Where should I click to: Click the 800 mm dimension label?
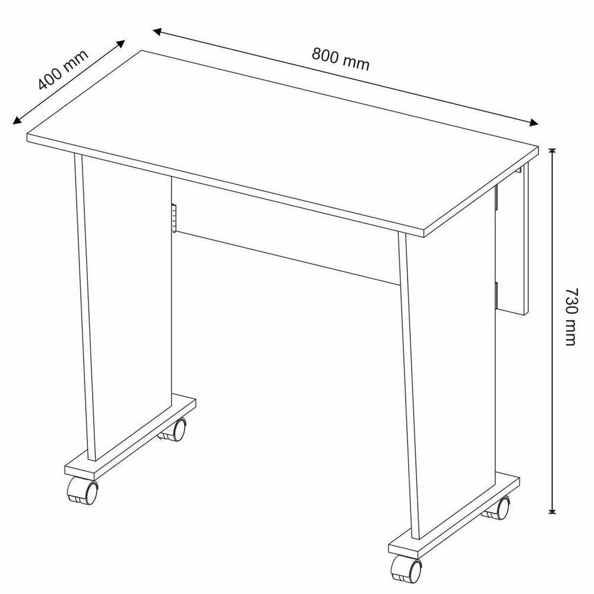pos(340,59)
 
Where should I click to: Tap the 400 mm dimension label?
pos(62,69)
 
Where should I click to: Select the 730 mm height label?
pos(570,317)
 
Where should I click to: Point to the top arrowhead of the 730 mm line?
pos(553,151)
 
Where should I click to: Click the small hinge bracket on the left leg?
pos(173,218)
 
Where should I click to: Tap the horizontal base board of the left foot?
pos(131,434)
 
